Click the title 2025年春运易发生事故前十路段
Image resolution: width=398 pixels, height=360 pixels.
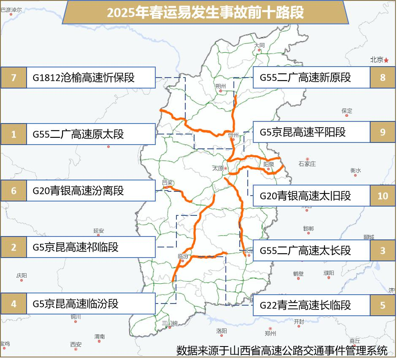(205, 13)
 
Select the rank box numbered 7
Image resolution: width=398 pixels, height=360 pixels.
(14, 78)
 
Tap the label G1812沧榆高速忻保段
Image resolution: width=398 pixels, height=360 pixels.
(84, 78)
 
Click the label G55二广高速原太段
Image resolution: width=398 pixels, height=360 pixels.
(79, 134)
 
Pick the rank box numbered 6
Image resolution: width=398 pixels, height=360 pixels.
(14, 191)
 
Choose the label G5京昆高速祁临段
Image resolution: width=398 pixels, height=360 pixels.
(76, 247)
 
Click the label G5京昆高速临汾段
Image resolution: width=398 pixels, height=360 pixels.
(76, 304)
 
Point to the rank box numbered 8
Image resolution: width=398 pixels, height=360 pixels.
(382, 78)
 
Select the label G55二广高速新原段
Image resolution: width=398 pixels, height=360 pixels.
(305, 78)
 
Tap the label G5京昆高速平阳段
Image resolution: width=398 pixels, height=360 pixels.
(303, 132)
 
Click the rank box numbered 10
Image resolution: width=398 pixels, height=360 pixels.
(382, 196)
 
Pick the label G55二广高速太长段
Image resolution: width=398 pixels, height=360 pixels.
(305, 250)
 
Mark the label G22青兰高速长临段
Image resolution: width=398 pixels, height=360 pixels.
(305, 305)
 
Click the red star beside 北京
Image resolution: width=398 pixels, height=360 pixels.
(386, 60)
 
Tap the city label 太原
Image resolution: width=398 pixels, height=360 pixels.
(218, 168)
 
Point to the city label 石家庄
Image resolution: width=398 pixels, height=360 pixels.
(307, 164)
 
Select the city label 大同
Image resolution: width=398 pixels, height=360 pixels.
(259, 45)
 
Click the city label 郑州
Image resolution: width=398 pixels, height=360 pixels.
(270, 333)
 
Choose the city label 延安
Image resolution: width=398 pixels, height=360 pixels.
(98, 231)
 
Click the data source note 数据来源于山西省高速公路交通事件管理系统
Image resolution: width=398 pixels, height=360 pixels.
(282, 350)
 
